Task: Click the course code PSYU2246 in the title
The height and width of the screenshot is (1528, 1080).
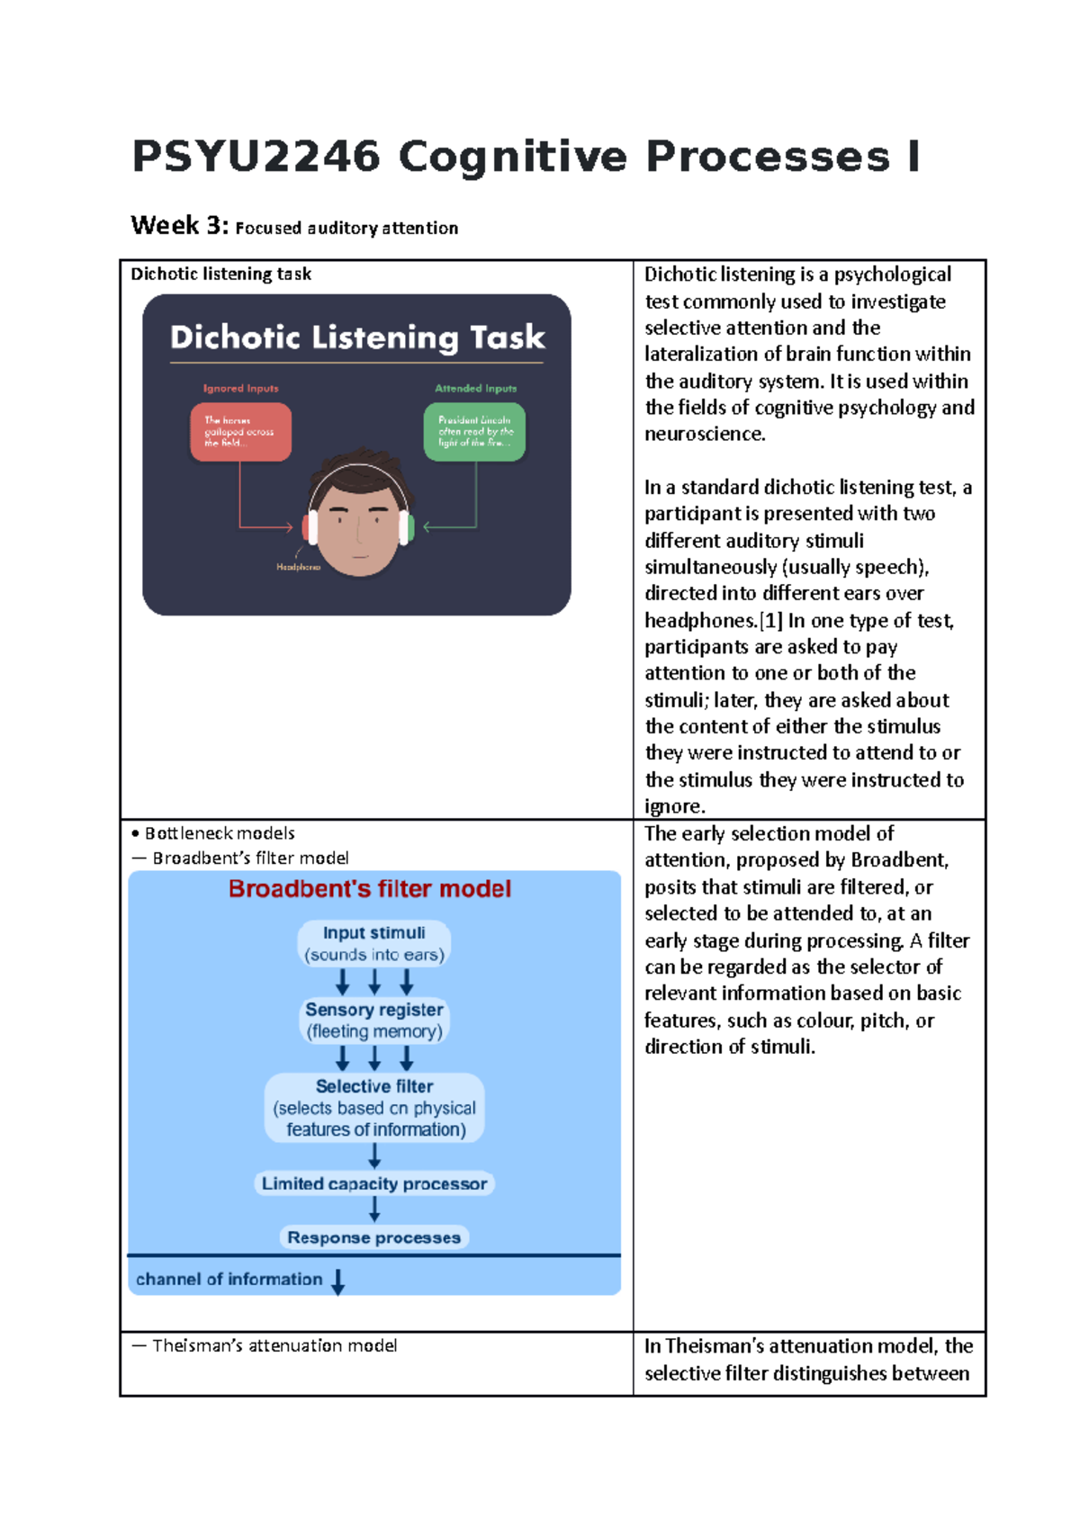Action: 256,157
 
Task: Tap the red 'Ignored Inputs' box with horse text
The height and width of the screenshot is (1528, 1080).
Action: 240,432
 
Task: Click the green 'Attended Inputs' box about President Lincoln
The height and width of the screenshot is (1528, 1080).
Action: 474,432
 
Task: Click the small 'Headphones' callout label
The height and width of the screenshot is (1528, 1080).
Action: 298,567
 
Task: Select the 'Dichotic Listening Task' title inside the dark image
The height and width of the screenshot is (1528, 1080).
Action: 357,337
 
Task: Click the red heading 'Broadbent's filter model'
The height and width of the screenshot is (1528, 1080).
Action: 370,889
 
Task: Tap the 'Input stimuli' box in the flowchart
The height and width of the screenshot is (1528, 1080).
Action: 374,944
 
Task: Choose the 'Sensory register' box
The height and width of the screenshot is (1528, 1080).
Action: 374,1020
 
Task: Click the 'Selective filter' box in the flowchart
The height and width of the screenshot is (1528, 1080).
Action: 374,1108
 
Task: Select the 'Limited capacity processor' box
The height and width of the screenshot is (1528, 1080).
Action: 374,1184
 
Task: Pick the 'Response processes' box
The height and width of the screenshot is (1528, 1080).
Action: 374,1238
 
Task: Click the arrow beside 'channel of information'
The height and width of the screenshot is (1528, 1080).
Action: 338,1281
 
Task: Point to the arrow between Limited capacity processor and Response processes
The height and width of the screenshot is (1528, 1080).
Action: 374,1209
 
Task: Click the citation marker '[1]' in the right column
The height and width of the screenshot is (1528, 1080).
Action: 771,621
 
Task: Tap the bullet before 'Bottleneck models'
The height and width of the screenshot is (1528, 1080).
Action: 135,834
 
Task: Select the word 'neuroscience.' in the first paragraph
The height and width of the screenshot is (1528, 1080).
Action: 705,435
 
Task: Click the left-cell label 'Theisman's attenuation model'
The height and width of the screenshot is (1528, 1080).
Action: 274,1346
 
